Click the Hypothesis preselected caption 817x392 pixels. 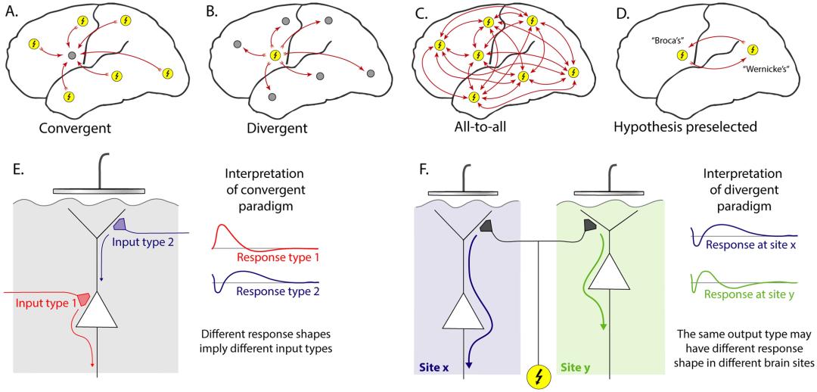[x=685, y=128]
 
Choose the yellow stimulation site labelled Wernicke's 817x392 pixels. [x=751, y=49]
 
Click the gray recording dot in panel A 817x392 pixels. [x=70, y=55]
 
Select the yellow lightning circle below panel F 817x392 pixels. [x=538, y=375]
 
